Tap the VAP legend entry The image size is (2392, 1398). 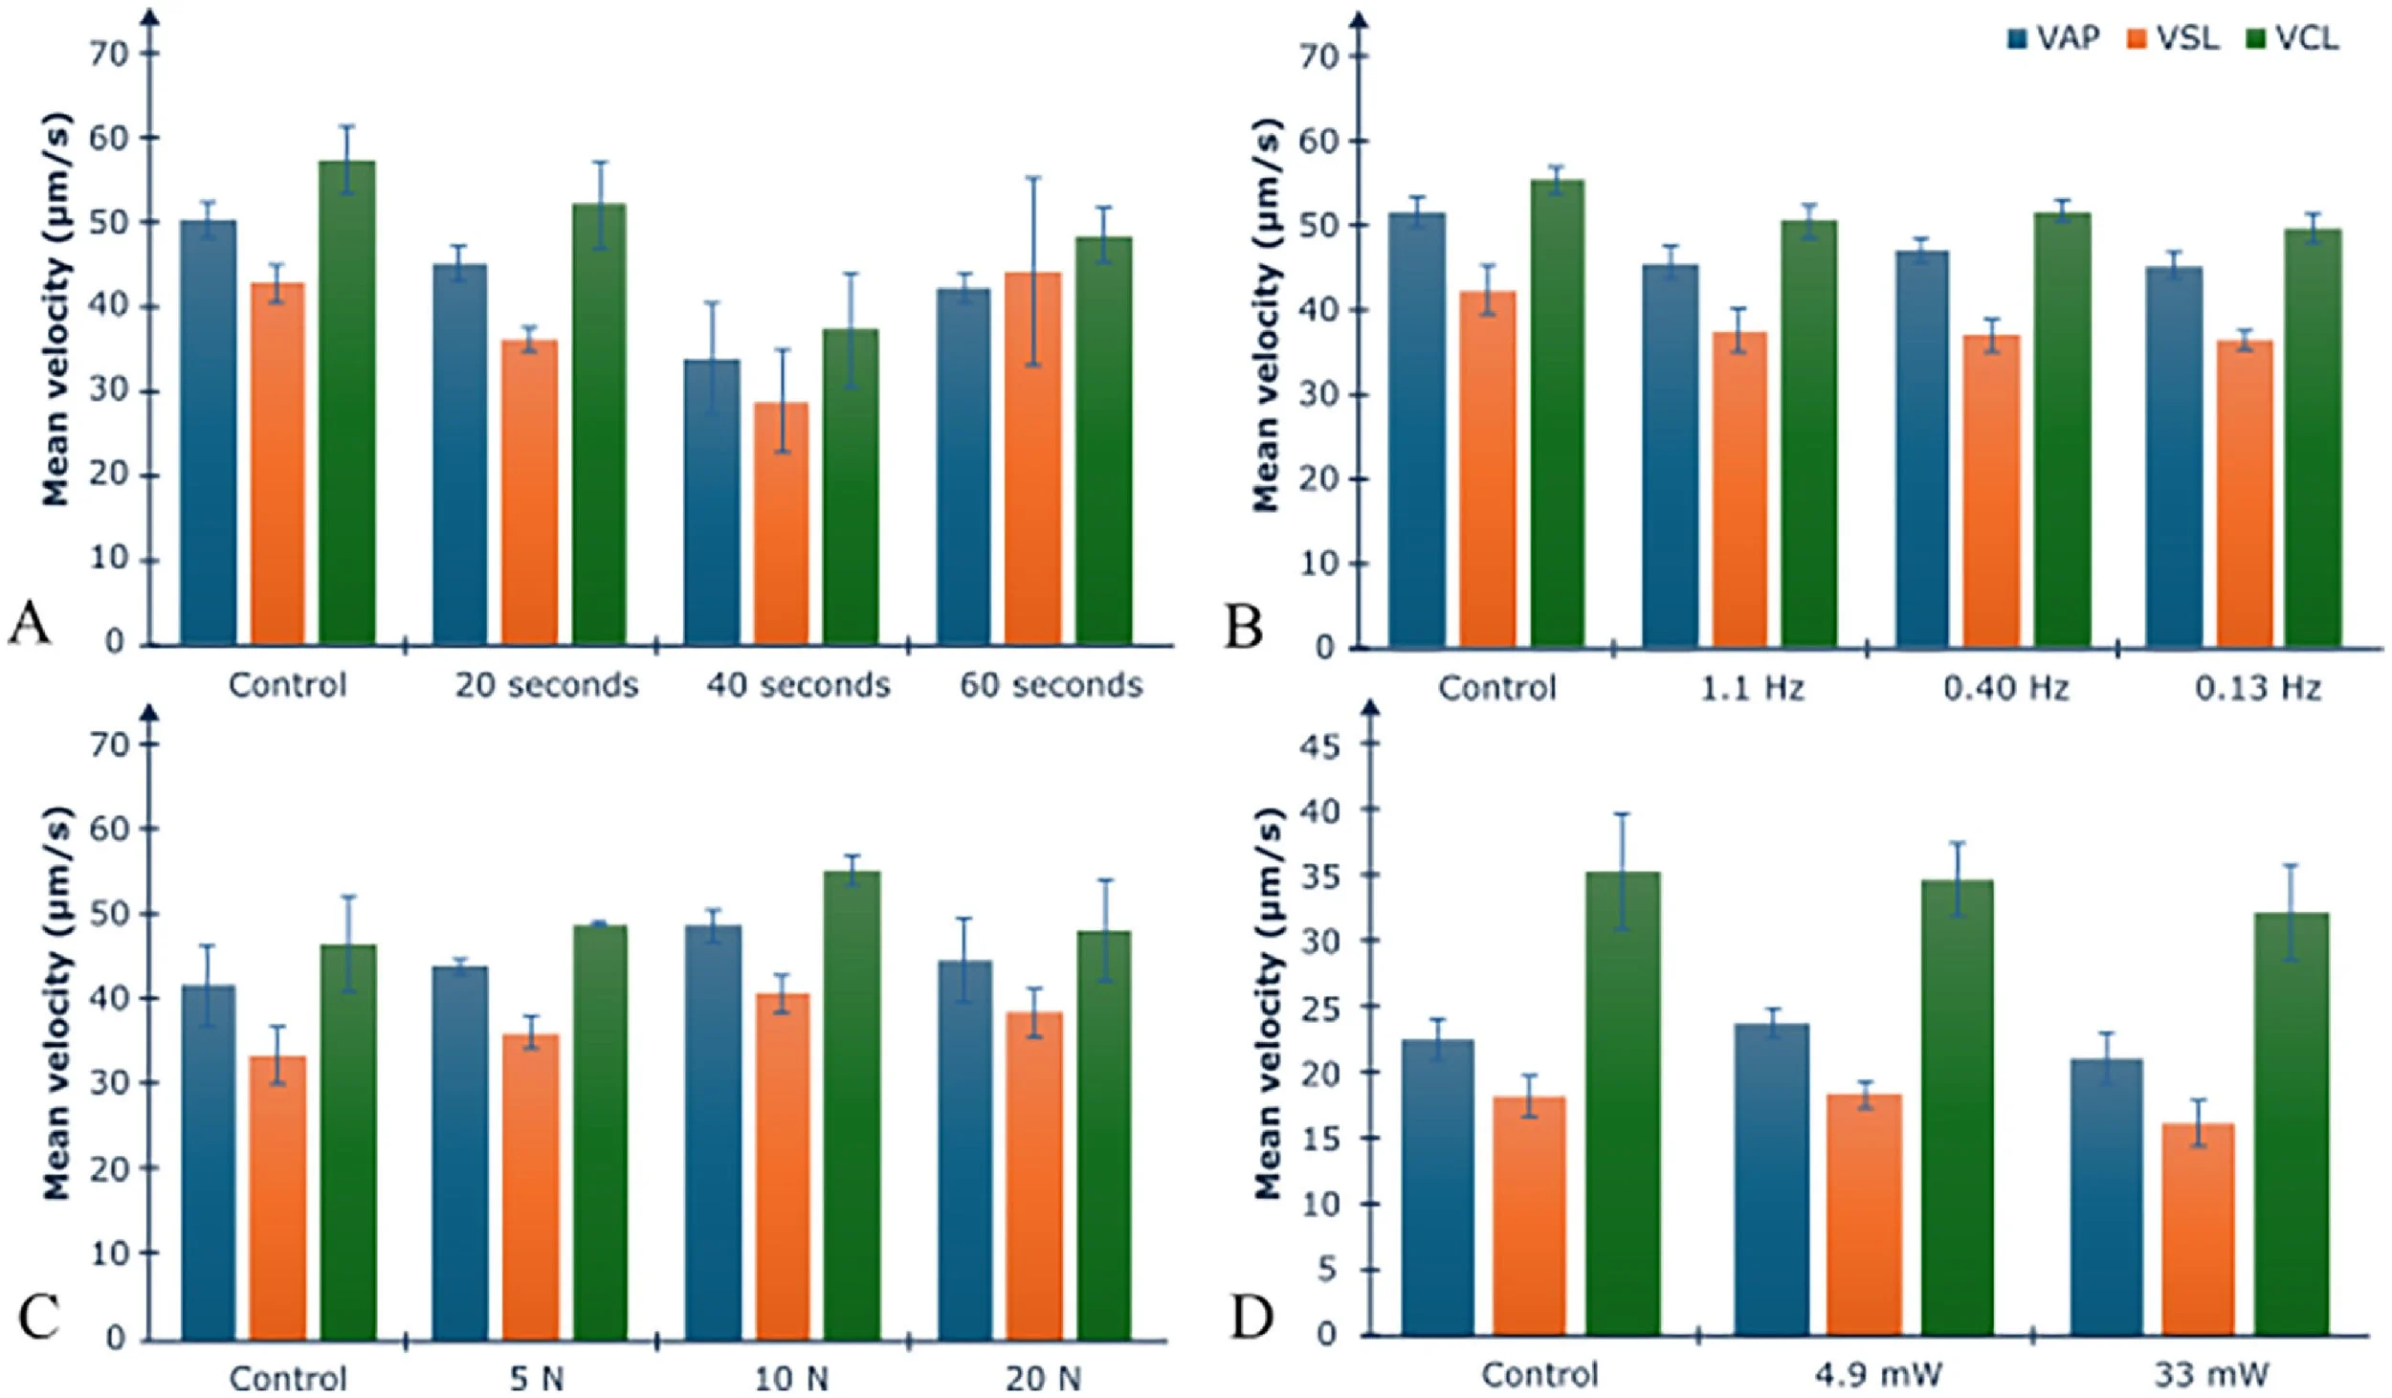2053,39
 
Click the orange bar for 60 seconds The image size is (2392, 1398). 1032,459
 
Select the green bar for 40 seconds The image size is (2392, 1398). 851,488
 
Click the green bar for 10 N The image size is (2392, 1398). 852,1105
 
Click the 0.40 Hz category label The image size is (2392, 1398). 2005,689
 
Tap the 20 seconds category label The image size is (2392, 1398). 545,685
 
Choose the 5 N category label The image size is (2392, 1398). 537,1379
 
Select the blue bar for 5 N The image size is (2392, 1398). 460,1153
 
